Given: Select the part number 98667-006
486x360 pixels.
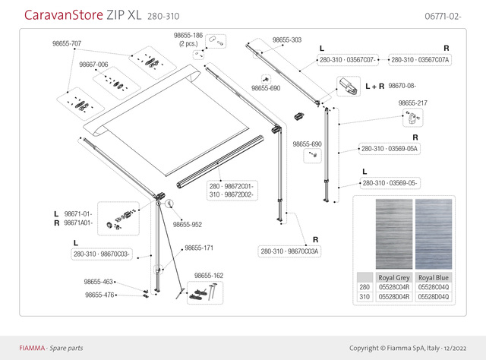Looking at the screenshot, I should (93, 65).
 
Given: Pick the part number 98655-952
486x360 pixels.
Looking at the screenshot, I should (187, 225).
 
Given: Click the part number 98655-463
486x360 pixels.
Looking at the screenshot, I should (98, 281).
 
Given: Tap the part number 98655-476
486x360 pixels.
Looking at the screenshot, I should (98, 295).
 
